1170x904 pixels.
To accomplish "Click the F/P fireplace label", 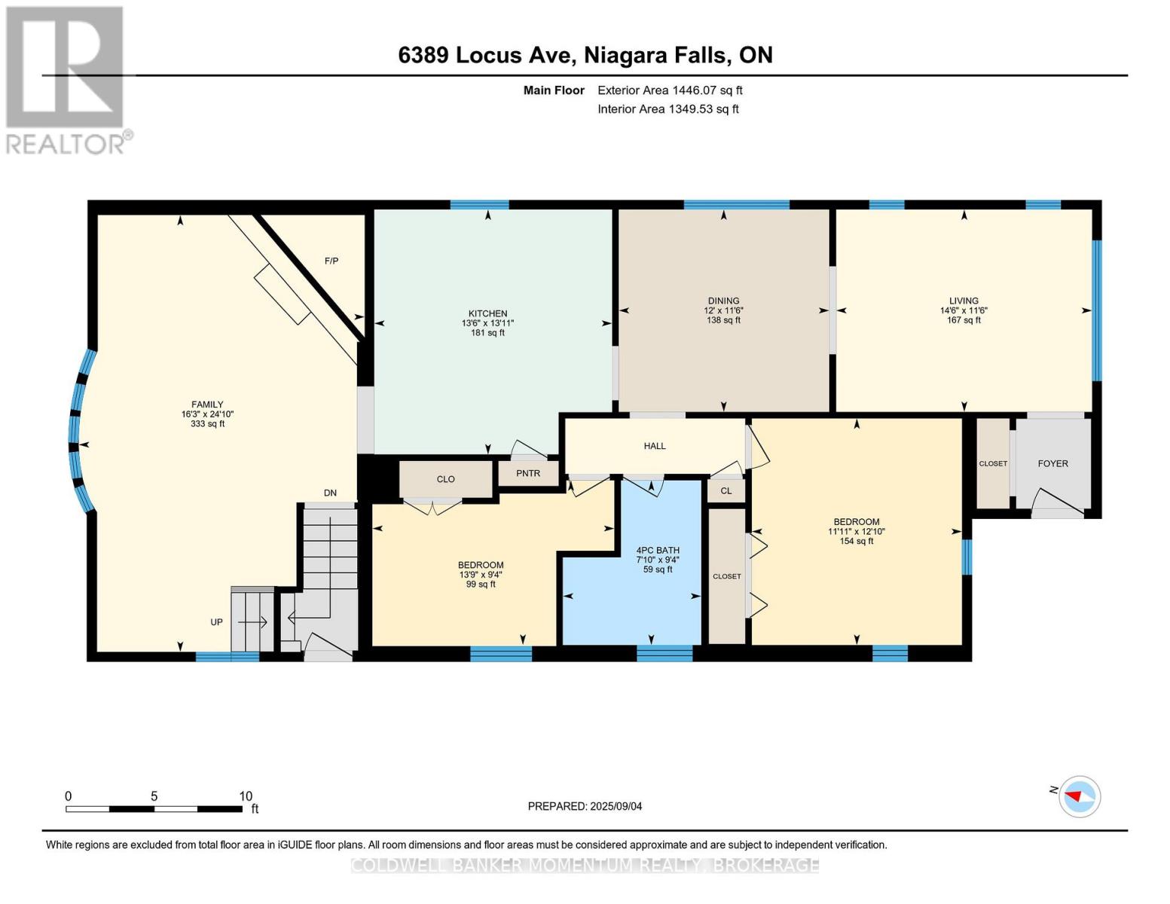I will tap(331, 261).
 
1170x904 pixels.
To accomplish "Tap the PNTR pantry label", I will tap(528, 474).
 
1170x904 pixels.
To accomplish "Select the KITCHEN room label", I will tap(487, 313).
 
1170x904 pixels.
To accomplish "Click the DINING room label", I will tap(723, 301).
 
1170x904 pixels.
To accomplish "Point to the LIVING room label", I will tap(964, 301).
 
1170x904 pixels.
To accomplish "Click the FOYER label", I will tap(1052, 464).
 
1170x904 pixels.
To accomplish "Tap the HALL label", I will tap(655, 446).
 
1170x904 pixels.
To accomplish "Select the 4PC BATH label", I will tap(658, 550).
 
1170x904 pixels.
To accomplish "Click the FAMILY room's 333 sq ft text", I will tap(208, 424).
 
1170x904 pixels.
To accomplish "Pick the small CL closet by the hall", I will tap(726, 491).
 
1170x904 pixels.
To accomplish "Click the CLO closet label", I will tap(445, 479).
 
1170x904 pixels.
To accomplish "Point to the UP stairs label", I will tap(216, 622).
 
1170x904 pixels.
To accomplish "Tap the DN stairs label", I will tap(330, 493).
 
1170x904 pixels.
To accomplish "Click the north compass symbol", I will tap(1079, 796).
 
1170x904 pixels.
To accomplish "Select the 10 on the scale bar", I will tap(246, 796).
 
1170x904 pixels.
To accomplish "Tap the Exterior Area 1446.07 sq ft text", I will tap(670, 90).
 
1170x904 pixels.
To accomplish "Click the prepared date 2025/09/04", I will tap(616, 806).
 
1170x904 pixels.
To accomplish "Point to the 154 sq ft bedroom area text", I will tap(857, 541).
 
